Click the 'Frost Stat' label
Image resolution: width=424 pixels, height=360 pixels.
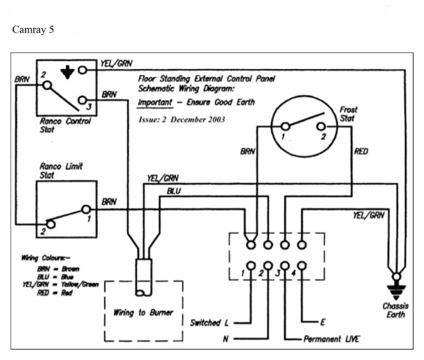[x=349, y=114]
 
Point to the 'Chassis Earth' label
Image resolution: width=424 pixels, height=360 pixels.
[x=395, y=311]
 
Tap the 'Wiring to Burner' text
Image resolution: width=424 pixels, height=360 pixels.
[x=144, y=312]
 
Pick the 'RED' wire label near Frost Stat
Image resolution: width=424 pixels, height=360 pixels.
[x=361, y=151]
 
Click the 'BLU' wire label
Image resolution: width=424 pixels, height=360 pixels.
[x=175, y=191]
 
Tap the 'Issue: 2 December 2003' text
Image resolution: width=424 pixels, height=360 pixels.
[x=181, y=119]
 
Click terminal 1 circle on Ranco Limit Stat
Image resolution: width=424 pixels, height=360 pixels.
[x=86, y=209]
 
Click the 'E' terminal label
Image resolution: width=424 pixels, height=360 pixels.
[x=323, y=322]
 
